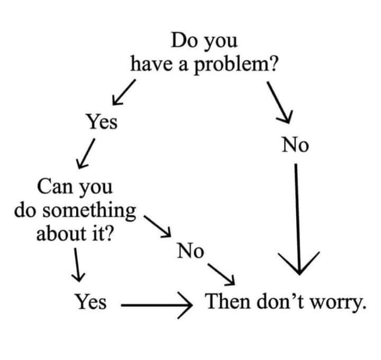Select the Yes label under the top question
point(102,121)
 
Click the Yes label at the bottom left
point(90,301)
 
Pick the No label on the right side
point(295,145)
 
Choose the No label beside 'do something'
point(190,251)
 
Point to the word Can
point(55,187)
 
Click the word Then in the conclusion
point(228,301)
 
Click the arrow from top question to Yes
point(124,92)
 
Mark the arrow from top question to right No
point(279,103)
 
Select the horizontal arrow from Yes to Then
point(157,305)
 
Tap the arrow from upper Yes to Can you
point(86,153)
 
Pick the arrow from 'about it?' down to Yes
point(77,265)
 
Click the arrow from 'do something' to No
point(158,226)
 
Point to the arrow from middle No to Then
point(221,274)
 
